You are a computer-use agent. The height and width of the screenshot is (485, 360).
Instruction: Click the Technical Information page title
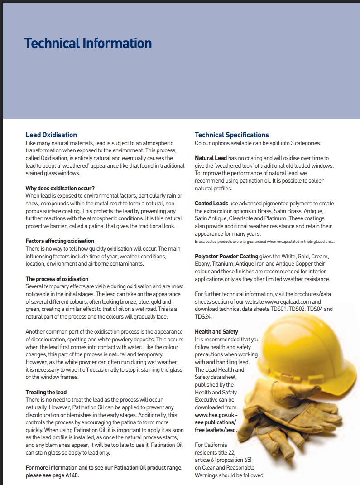pos(88,44)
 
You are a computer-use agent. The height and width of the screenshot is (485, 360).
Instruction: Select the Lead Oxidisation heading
pos(51,135)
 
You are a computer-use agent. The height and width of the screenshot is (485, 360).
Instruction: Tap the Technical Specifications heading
pos(231,135)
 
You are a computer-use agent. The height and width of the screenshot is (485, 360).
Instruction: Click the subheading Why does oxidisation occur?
pos(60,188)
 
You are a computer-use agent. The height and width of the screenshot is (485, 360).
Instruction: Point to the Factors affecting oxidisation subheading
pos(60,241)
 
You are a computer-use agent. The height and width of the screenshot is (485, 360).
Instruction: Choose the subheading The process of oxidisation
pos(57,279)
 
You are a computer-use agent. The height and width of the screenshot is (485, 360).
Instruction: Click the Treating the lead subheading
pos(46,392)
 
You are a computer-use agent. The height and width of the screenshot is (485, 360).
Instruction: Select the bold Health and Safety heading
pos(216,332)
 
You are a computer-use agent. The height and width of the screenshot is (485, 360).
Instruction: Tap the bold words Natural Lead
pos(211,158)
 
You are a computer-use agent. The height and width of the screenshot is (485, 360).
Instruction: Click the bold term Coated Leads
pos(211,204)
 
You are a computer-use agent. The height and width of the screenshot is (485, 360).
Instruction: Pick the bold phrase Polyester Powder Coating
pos(226,257)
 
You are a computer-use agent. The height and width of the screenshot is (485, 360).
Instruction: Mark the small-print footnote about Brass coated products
pos(264,242)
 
